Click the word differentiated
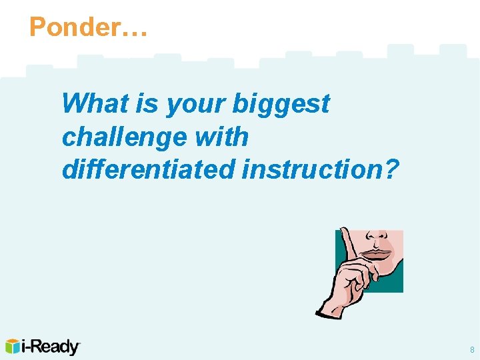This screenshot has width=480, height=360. click(148, 169)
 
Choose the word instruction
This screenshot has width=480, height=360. click(313, 169)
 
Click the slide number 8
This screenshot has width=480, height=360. click(472, 350)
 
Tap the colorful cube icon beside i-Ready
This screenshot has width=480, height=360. click(13, 347)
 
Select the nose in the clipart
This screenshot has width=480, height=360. click(377, 237)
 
